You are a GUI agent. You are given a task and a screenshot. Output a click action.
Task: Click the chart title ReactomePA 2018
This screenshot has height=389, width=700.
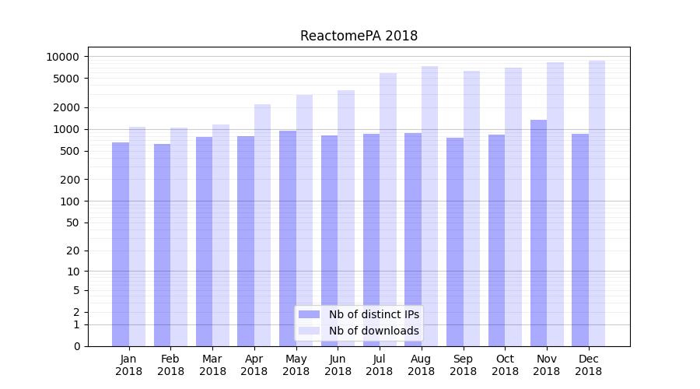[359, 36]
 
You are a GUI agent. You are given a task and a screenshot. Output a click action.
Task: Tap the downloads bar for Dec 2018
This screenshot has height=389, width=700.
[597, 203]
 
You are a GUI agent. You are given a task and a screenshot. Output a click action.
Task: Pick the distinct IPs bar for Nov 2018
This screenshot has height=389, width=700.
[538, 233]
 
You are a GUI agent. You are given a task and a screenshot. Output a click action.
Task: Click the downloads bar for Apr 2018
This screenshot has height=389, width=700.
[262, 225]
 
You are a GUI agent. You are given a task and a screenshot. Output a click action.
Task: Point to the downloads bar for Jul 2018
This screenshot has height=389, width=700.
[388, 209]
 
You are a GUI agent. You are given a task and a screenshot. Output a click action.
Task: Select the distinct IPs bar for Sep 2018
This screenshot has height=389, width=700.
[455, 241]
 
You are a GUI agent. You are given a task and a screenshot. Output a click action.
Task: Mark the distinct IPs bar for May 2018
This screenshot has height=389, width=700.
[288, 238]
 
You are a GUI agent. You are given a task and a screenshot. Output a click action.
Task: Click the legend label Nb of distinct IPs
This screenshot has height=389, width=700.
[373, 314]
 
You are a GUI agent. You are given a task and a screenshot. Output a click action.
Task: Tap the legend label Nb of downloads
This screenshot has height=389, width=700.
[373, 331]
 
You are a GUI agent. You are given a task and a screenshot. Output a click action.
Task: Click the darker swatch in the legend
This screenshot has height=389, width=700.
[310, 314]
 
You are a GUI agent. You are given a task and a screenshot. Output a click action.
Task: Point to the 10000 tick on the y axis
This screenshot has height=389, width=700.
[62, 57]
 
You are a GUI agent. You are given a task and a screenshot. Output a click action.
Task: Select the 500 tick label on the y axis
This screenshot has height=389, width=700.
[68, 151]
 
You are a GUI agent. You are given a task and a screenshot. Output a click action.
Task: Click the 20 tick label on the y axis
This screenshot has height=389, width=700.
[72, 251]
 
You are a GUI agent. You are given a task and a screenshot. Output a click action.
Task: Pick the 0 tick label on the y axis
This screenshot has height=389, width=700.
[75, 346]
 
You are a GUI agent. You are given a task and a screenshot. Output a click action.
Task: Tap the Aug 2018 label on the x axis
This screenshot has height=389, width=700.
[421, 365]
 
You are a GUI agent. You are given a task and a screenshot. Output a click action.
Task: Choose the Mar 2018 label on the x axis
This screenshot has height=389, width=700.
[212, 365]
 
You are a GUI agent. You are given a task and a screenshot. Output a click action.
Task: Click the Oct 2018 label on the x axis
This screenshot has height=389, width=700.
[505, 365]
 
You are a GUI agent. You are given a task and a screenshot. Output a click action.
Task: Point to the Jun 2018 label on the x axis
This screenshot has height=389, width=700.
[338, 365]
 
